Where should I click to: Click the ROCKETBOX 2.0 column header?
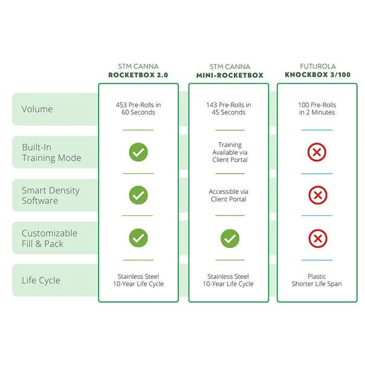pos(138,75)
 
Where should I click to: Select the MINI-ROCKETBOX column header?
pos(230,75)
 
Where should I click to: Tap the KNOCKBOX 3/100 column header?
pos(318,75)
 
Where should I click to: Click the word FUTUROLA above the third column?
pos(318,66)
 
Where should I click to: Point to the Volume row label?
pos(37,109)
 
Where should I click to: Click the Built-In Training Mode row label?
pos(52,152)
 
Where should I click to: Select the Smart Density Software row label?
pos(51,196)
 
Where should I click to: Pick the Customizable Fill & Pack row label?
pos(50,238)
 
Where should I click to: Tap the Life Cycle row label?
pos(41,281)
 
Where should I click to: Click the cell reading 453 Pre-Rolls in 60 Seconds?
pos(138,108)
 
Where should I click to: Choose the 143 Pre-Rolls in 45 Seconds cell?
pos(228,108)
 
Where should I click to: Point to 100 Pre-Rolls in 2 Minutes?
pos(317,108)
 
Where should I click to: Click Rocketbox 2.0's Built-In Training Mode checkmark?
pos(138,152)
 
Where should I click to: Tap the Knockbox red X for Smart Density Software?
pos(318,195)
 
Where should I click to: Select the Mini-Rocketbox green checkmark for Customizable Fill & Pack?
pos(230,238)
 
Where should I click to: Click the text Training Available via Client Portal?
pos(230,152)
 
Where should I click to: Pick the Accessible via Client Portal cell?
pos(228,196)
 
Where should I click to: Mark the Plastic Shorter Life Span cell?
pos(317,280)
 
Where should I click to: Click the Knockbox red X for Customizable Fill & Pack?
pos(318,238)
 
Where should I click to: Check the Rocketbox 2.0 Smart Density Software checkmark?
pos(138,195)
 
